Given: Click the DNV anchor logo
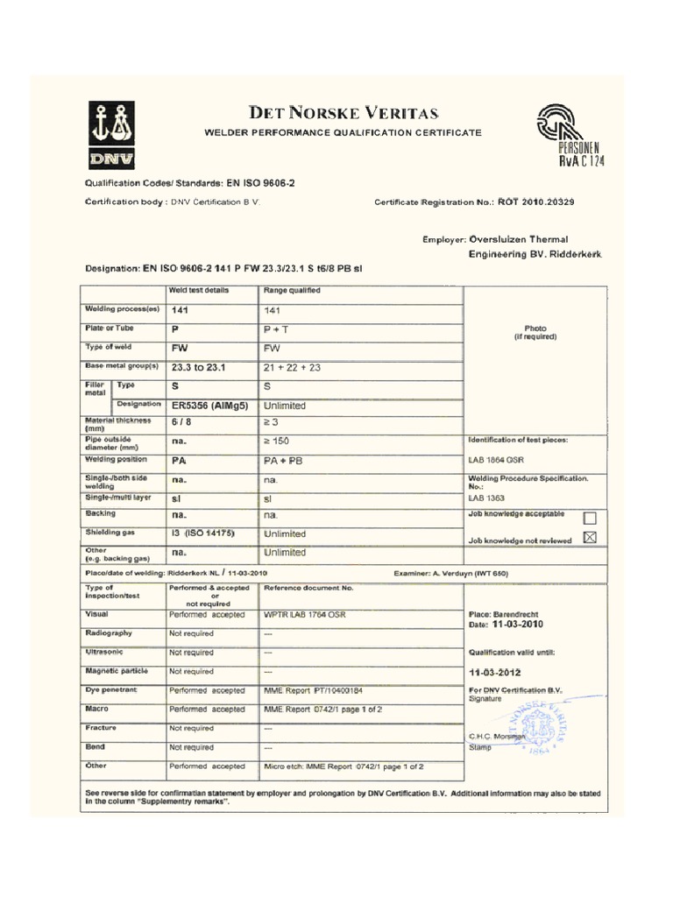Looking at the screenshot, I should coord(110,135).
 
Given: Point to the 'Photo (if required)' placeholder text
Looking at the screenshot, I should coord(535,333).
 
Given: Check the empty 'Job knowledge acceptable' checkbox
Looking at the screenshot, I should coord(589,517).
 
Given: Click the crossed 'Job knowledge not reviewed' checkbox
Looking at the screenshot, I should coord(589,538).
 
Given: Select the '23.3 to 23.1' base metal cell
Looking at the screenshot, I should coord(199,367).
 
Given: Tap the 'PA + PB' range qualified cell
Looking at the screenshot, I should coord(283,460).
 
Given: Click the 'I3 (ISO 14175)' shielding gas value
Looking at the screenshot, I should coord(203,533).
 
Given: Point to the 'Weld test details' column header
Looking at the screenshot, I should coord(199,290).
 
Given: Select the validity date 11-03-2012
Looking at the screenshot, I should coord(495,673).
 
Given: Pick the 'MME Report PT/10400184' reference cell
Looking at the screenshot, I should coord(313,690).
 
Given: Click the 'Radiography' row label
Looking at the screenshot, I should coord(109,632).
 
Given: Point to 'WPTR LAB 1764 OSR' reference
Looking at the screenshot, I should coord(305,614).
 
